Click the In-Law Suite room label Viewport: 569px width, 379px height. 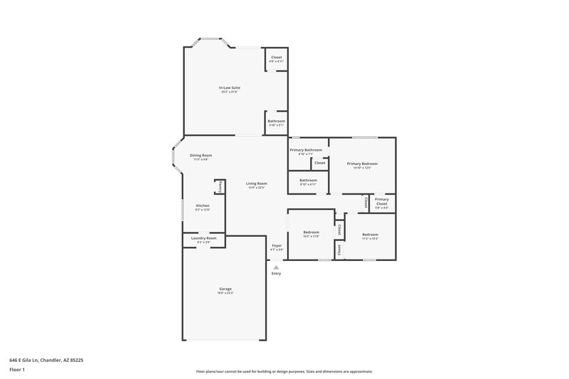(x=229, y=87)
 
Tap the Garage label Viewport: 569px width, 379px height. (x=225, y=289)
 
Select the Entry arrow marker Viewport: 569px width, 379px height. (x=276, y=267)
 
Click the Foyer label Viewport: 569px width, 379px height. (x=277, y=246)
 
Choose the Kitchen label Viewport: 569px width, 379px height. (x=203, y=205)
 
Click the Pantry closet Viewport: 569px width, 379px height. (x=220, y=186)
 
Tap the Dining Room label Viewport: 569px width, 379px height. (x=201, y=156)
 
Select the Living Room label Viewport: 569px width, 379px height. (x=256, y=184)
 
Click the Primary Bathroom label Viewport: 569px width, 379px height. (x=305, y=150)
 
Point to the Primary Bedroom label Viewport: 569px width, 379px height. (x=362, y=164)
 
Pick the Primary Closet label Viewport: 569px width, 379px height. (x=382, y=201)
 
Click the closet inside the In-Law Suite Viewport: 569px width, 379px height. (x=277, y=58)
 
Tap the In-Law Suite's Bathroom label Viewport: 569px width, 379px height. (x=277, y=121)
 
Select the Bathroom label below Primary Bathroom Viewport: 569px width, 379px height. (x=308, y=181)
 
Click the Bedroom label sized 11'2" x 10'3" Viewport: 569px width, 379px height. (x=370, y=235)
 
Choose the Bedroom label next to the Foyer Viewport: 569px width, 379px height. (x=312, y=233)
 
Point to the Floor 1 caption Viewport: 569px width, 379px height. (x=17, y=370)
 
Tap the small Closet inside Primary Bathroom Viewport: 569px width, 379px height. (x=320, y=163)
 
